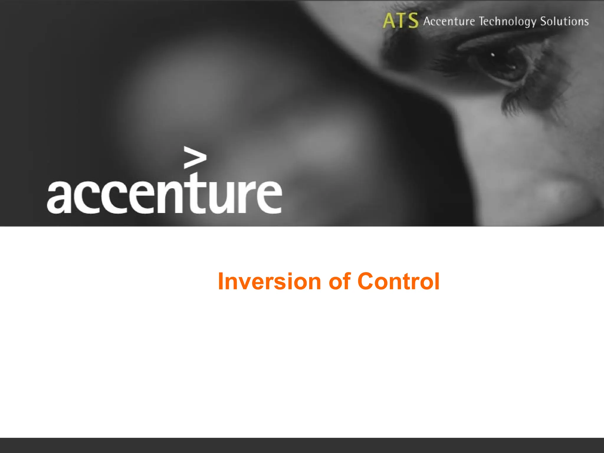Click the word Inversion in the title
269,281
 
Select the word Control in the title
398,281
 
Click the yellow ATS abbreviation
400,21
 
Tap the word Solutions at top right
564,21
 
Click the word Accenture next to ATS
449,21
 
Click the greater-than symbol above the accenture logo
195,157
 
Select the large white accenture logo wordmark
164,195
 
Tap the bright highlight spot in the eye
493,55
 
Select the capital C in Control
367,281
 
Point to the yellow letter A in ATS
389,21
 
